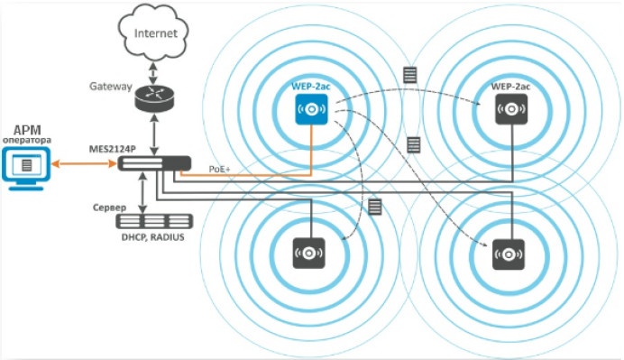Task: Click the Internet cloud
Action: (153, 32)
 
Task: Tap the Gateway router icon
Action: (154, 98)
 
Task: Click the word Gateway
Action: (111, 87)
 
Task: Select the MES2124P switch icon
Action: (154, 163)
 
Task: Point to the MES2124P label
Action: (112, 149)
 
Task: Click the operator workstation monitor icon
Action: (26, 169)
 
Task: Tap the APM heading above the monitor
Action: (27, 130)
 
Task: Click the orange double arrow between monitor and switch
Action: (84, 163)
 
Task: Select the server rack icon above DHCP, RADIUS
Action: (154, 221)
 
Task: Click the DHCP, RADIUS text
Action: (152, 237)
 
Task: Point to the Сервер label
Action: (109, 208)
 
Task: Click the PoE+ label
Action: (220, 170)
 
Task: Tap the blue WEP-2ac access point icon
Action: (312, 109)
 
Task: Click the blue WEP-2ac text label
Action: (311, 86)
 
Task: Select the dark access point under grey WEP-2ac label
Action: (511, 109)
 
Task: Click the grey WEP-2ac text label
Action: (510, 86)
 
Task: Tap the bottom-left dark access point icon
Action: (309, 253)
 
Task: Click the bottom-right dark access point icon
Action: (509, 254)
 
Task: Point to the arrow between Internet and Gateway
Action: (153, 72)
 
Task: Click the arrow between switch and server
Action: (142, 193)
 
